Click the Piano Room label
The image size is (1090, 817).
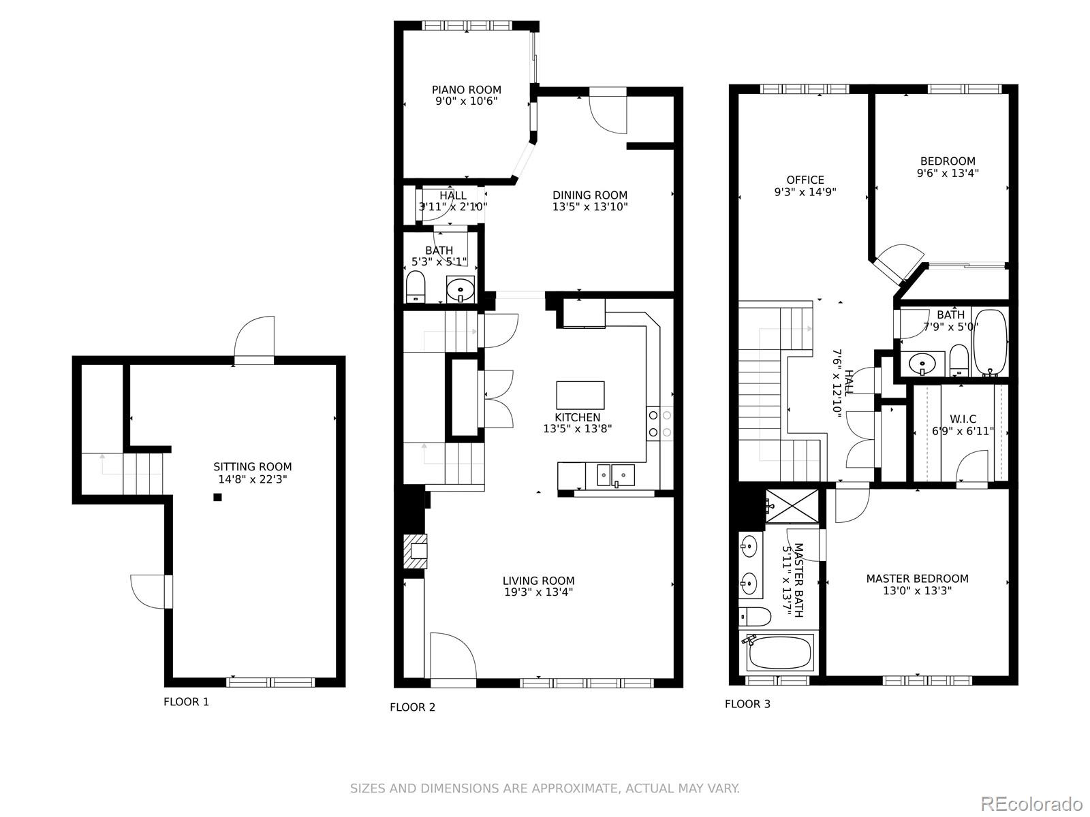click(x=466, y=90)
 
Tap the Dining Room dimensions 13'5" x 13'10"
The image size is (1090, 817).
click(x=590, y=207)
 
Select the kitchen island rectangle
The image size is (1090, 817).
click(x=580, y=395)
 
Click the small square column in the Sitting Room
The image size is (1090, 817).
click(x=217, y=497)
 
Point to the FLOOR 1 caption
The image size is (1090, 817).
click(x=186, y=701)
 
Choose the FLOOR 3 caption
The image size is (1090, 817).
click(x=747, y=703)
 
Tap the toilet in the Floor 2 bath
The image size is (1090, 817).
click(x=416, y=287)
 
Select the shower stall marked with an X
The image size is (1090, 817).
click(x=792, y=506)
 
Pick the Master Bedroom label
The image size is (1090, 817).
click(x=917, y=579)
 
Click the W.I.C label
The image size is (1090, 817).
click(x=963, y=419)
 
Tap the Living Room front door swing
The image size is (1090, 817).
click(x=454, y=655)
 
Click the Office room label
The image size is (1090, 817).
click(x=805, y=180)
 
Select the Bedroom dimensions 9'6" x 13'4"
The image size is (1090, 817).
click(x=948, y=173)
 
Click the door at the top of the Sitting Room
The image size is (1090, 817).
click(x=253, y=337)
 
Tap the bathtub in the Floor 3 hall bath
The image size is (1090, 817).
click(x=990, y=342)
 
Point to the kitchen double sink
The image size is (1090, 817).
click(x=616, y=475)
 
